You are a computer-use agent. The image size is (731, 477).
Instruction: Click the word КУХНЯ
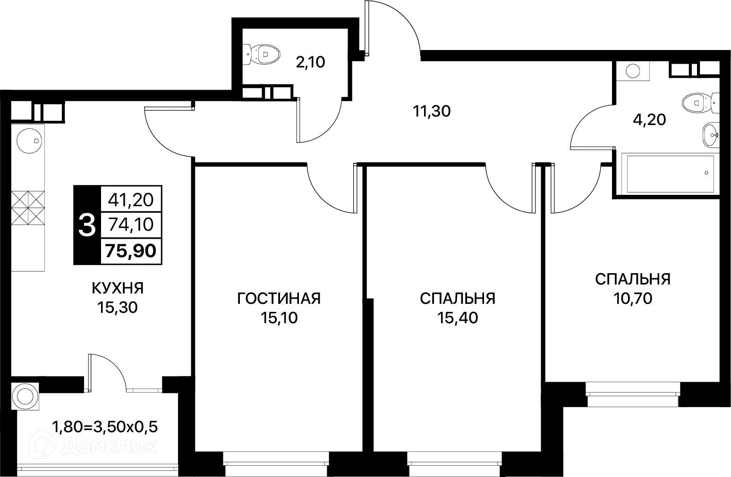117,287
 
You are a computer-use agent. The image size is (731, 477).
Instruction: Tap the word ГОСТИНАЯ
279,298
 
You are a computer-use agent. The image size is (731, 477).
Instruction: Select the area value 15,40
457,318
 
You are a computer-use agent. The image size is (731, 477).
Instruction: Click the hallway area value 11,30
432,111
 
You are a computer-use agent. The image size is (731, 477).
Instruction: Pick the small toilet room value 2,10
310,62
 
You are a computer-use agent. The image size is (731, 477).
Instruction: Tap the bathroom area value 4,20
649,119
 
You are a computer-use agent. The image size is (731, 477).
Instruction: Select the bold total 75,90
131,251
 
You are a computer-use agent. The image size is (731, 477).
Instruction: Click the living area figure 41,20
131,200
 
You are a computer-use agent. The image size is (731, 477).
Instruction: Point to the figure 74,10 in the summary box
131,225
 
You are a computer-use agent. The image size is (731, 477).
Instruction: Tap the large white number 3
87,225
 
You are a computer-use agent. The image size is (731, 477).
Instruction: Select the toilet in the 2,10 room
261,54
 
